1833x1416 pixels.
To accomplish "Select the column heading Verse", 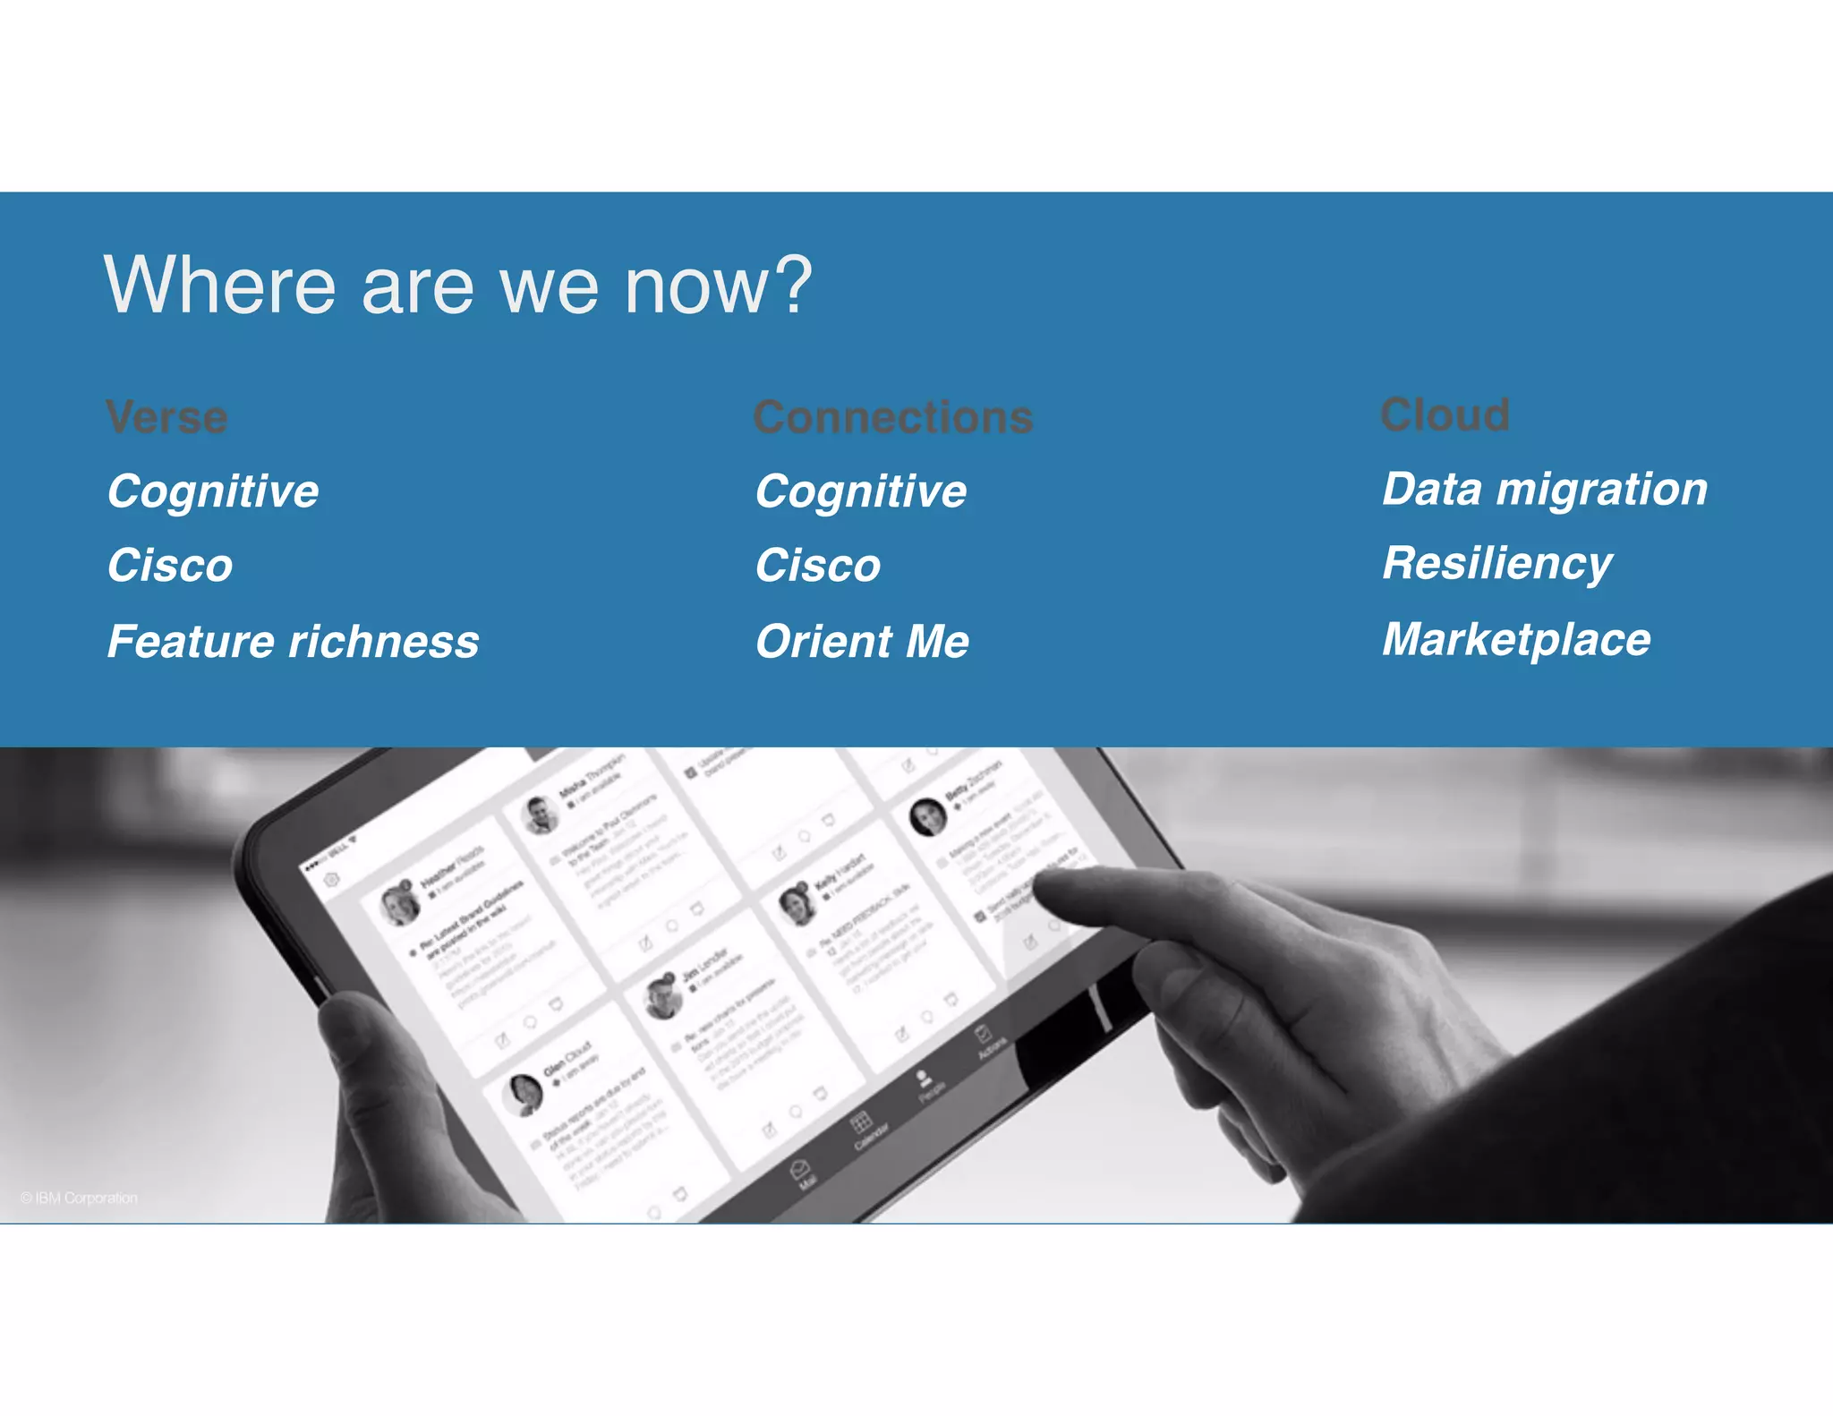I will point(167,418).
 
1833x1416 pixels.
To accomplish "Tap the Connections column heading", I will point(893,418).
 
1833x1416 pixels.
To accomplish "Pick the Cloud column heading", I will point(1445,415).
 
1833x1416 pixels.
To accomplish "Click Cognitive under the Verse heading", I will point(213,491).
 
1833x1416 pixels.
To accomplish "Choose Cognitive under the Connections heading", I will point(861,491).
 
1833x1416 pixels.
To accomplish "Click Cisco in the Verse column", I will point(170,566).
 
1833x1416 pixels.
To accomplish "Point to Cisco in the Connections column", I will point(818,566).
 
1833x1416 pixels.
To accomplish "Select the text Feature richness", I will point(293,642).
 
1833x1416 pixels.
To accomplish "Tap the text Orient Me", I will point(862,642).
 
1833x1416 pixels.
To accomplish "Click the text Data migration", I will point(1545,490).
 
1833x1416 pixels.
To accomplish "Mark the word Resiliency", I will point(1496,564).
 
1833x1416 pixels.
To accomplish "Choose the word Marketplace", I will point(1516,640).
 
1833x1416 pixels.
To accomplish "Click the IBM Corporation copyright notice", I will point(80,1198).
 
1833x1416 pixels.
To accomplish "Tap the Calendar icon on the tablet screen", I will point(861,1122).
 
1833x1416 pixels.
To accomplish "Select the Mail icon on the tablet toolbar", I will point(799,1169).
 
